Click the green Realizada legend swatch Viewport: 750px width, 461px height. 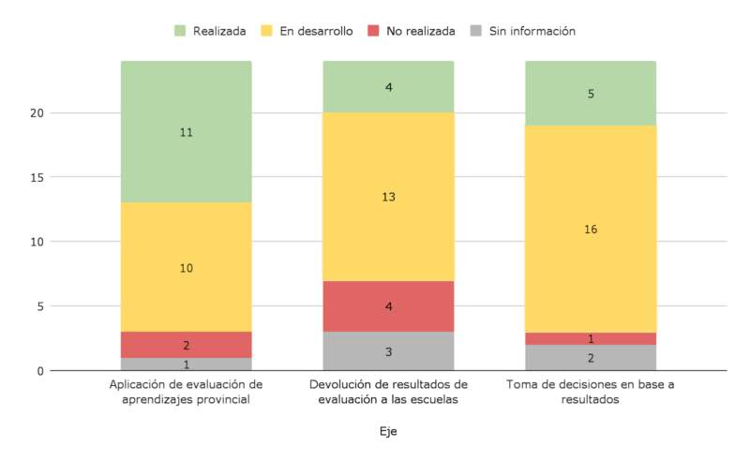click(181, 31)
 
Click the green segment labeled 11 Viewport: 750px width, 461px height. click(187, 132)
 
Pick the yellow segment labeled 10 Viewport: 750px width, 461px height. click(187, 267)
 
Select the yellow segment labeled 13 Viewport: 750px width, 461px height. click(388, 197)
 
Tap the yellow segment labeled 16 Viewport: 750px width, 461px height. click(590, 229)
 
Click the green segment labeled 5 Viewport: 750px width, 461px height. click(590, 94)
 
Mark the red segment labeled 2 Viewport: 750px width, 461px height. click(187, 345)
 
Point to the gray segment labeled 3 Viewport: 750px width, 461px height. click(388, 351)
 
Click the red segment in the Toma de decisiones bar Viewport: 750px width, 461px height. click(590, 338)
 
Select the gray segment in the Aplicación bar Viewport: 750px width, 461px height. click(187, 364)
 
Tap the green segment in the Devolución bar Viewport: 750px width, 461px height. click(388, 87)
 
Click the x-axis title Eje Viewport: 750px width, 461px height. click(388, 432)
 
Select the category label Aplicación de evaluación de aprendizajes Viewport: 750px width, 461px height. click(187, 392)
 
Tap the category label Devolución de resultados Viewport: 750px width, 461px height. click(388, 392)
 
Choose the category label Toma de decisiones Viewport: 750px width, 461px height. click(590, 392)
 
